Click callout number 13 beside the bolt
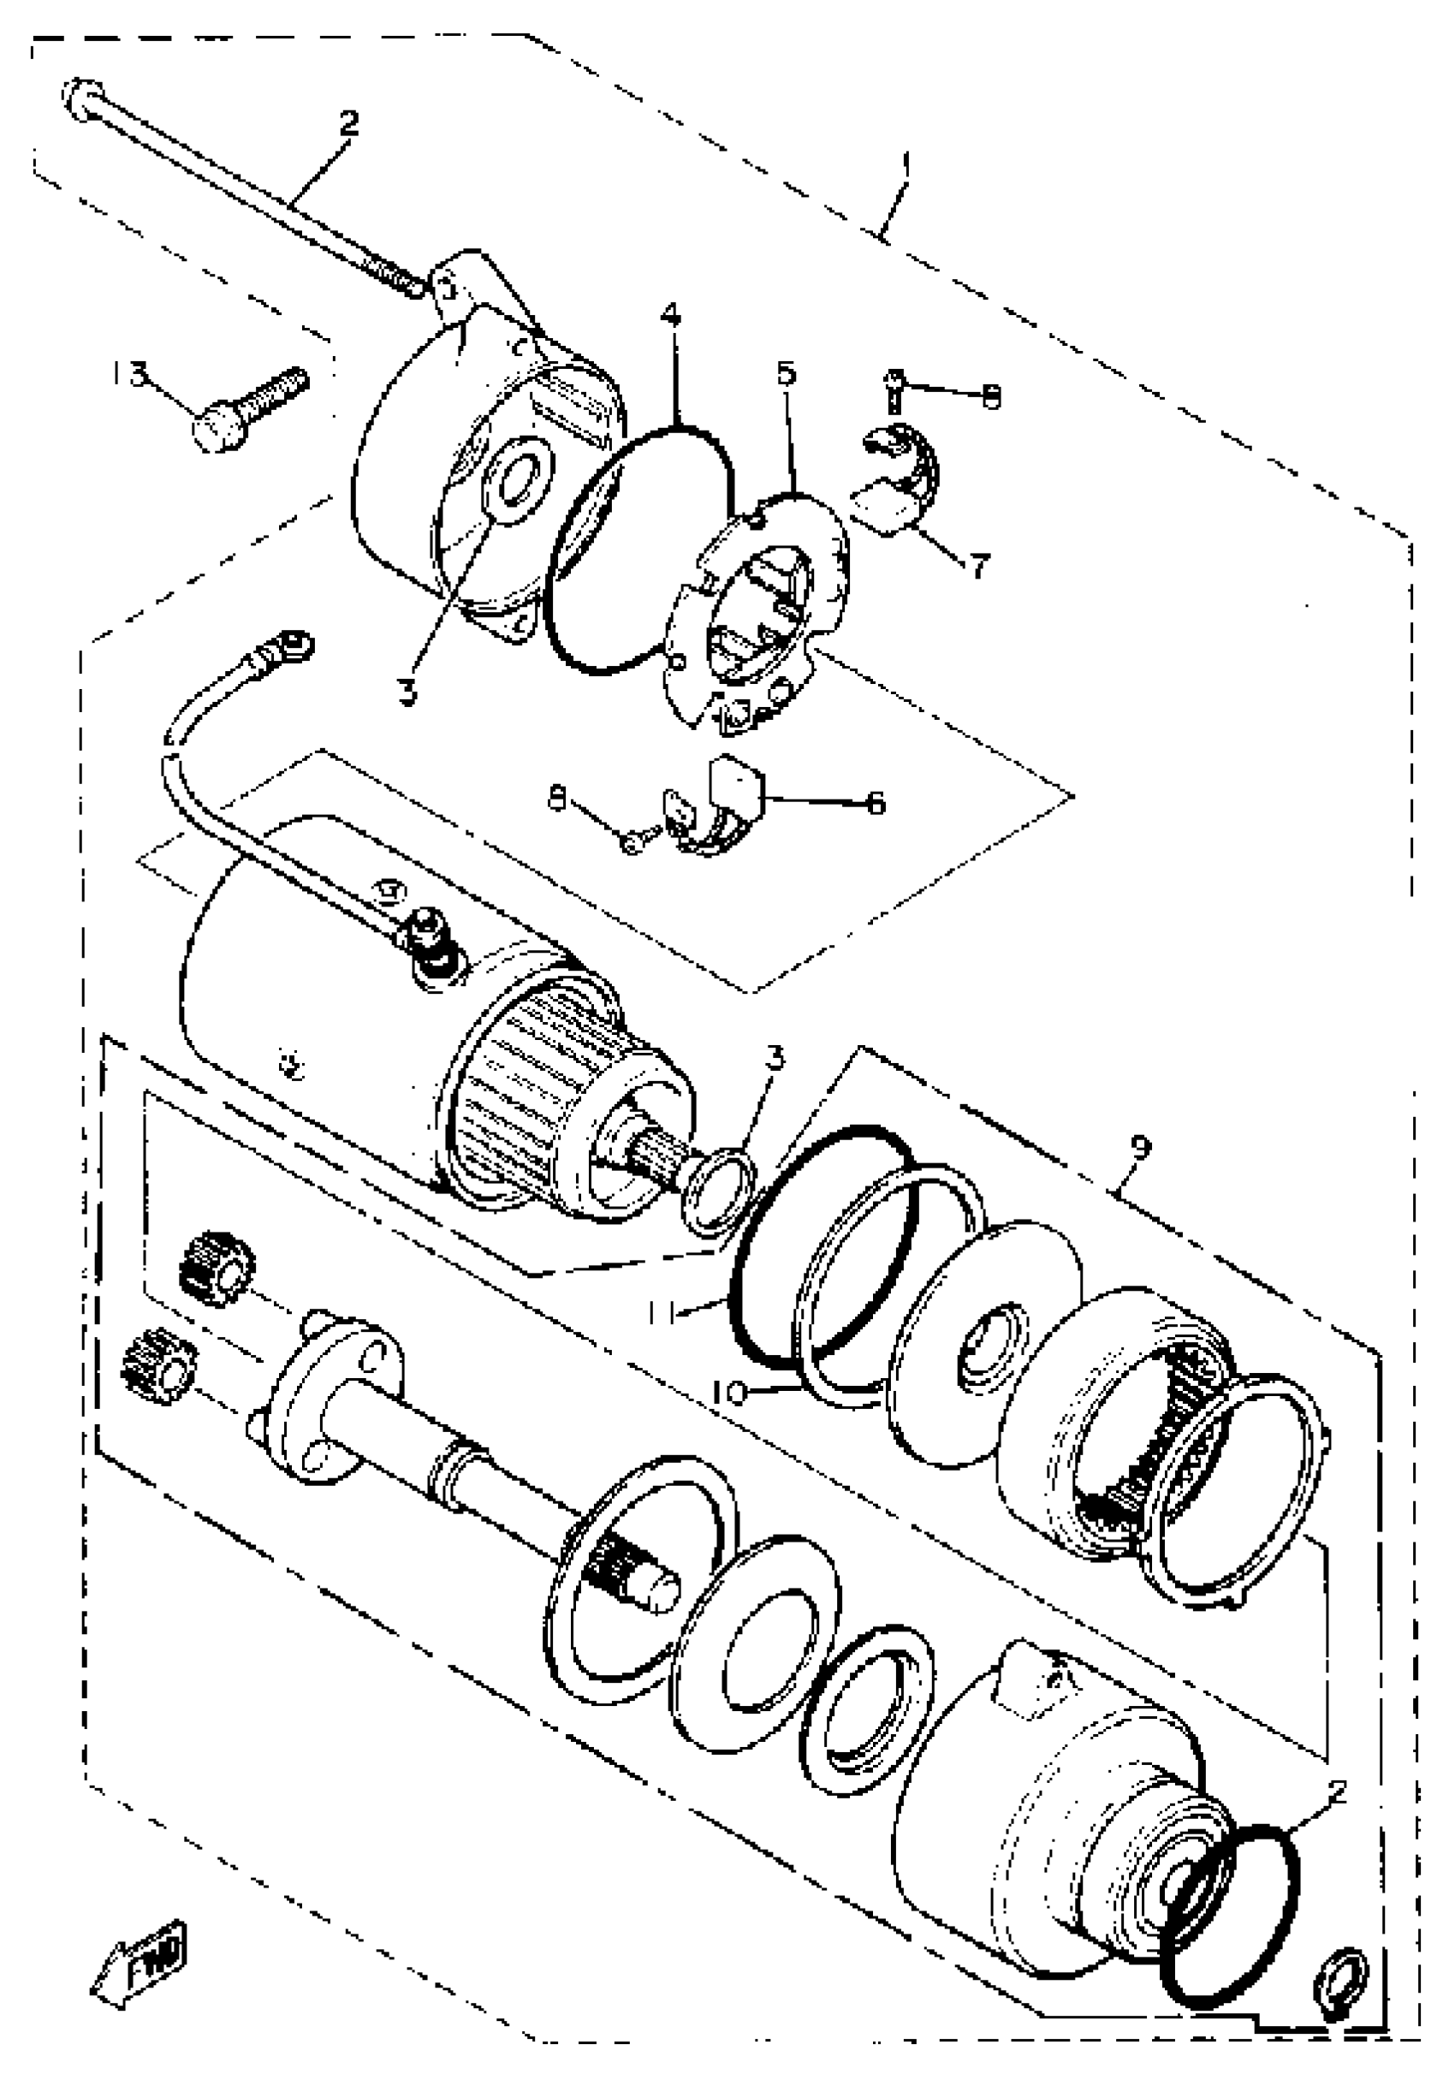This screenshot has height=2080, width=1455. point(130,373)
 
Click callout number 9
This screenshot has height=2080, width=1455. point(1141,1147)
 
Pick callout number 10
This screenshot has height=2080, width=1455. point(727,1393)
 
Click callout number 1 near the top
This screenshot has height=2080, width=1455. point(907,167)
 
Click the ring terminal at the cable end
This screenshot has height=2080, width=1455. point(294,645)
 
